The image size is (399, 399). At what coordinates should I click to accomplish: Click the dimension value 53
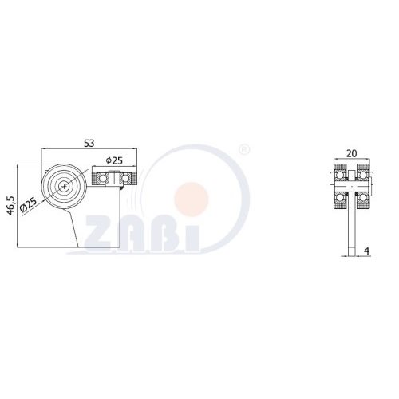89,143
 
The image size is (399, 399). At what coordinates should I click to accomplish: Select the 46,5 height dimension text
11,205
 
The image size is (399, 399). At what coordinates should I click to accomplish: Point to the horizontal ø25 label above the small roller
114,160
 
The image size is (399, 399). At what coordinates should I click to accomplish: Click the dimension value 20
352,153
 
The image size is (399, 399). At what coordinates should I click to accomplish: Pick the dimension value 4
367,251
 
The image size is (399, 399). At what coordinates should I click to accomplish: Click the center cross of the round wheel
64,186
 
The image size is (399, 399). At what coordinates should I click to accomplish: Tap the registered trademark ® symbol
245,149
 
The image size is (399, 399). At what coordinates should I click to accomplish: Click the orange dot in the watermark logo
192,199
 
